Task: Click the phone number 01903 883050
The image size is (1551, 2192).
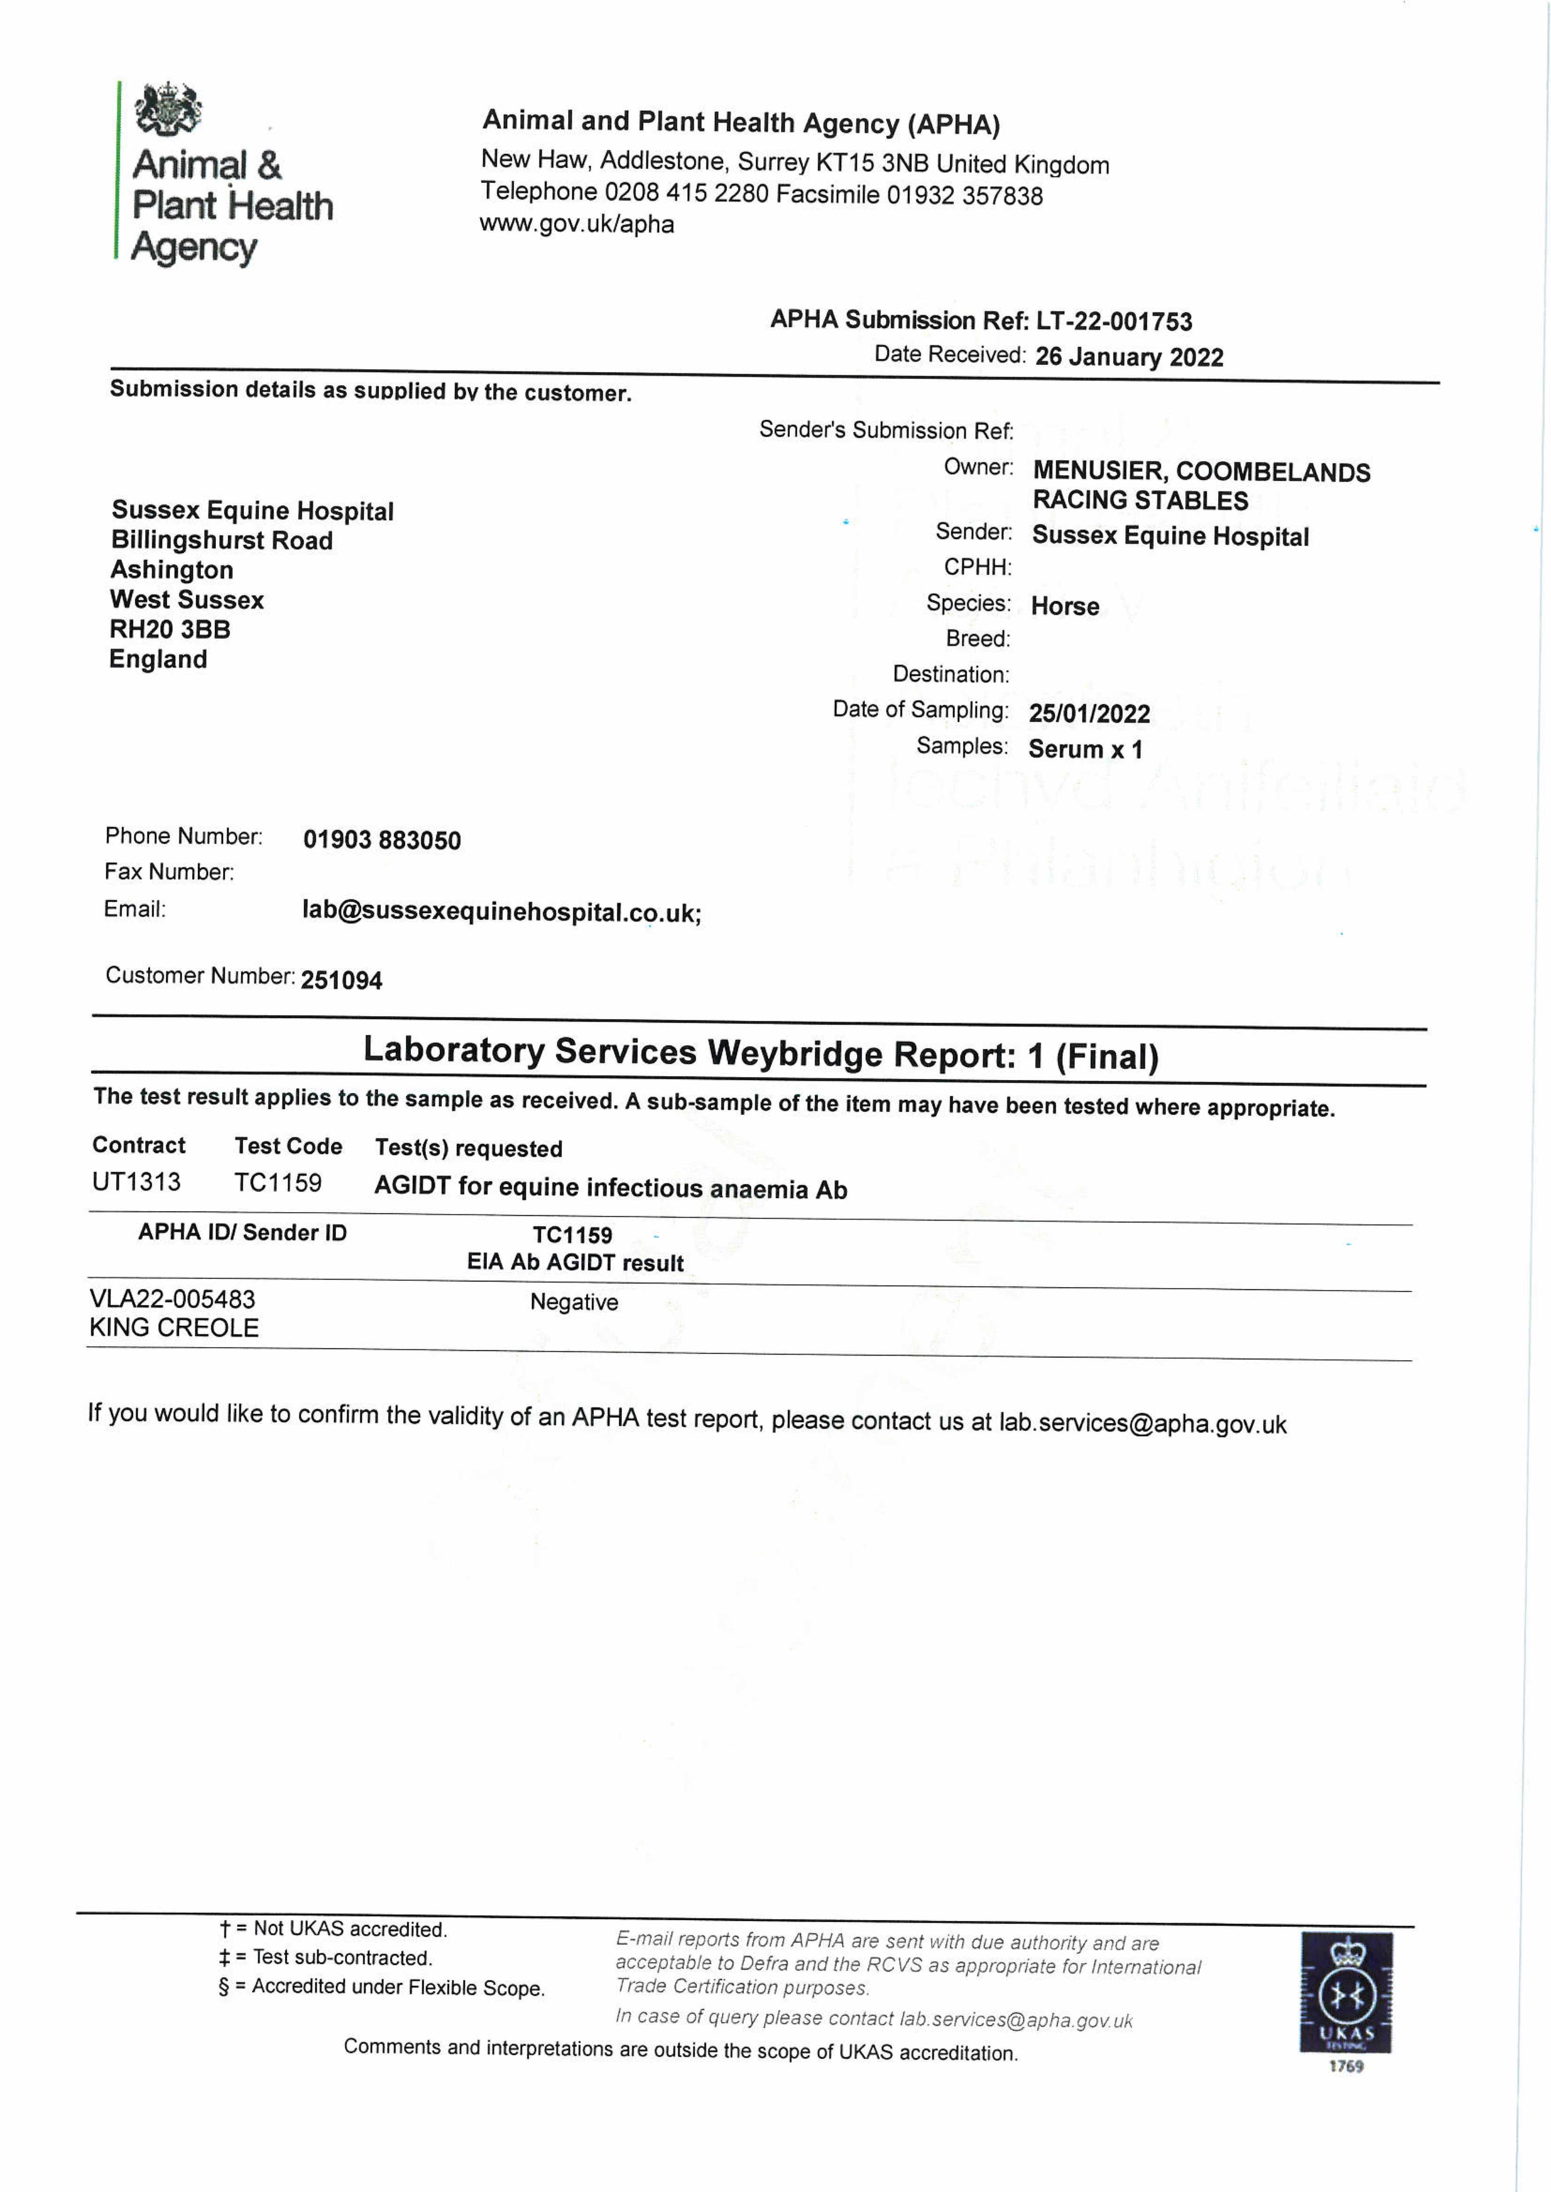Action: (x=382, y=840)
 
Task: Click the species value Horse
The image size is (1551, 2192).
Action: (x=1065, y=606)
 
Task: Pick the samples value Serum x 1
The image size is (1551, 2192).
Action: (x=1085, y=749)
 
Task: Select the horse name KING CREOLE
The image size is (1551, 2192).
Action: (x=174, y=1328)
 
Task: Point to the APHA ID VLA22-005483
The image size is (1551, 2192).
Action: (x=172, y=1299)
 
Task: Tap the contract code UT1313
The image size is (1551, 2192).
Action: (x=136, y=1182)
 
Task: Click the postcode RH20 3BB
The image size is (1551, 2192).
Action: (x=170, y=629)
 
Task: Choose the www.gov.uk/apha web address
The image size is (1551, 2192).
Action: (x=577, y=224)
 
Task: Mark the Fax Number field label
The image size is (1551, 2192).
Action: (x=169, y=872)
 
